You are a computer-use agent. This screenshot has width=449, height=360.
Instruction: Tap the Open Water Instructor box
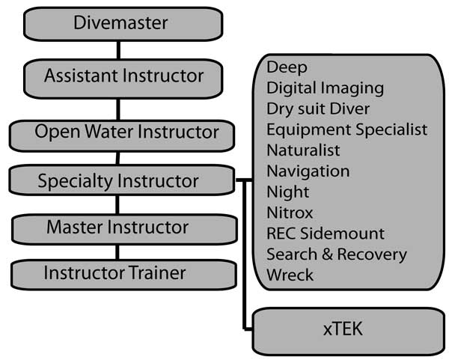click(x=120, y=133)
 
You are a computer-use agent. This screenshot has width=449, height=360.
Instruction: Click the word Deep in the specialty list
click(x=287, y=68)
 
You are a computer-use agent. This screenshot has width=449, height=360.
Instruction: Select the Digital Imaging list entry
click(x=325, y=88)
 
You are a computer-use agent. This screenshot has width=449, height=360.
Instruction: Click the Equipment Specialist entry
click(x=346, y=129)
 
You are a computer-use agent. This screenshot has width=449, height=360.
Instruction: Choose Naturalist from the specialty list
click(x=303, y=150)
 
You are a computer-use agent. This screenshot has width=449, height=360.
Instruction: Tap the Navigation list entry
click(x=308, y=171)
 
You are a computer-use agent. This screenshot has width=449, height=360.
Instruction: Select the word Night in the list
click(x=288, y=192)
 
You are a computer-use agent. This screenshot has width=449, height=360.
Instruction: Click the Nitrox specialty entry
click(x=290, y=213)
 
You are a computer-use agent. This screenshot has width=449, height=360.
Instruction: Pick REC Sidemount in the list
click(x=326, y=234)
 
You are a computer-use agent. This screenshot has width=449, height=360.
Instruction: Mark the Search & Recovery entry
click(x=336, y=254)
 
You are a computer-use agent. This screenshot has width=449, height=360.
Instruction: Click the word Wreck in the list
click(x=290, y=275)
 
